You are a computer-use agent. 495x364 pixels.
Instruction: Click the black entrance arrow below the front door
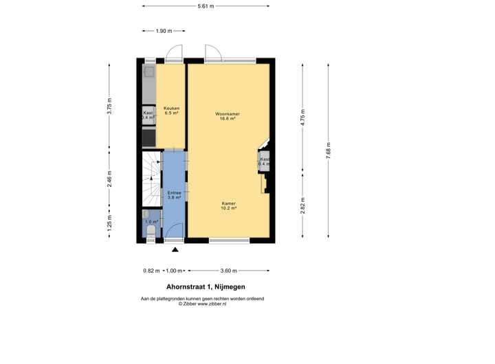click(175, 250)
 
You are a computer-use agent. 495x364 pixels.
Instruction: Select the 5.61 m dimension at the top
click(206, 6)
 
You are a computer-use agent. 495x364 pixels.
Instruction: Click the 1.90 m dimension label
click(164, 31)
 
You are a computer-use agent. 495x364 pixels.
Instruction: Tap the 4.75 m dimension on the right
click(303, 117)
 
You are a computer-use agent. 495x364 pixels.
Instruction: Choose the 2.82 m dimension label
click(303, 205)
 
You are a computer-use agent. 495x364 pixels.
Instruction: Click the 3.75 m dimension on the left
click(109, 111)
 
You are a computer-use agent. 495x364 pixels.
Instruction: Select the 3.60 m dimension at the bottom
click(228, 271)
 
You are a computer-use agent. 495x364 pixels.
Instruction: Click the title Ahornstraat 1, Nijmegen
click(206, 287)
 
